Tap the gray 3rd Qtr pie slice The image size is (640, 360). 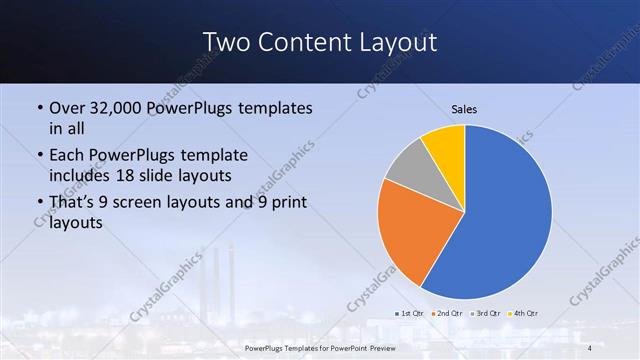(x=406, y=169)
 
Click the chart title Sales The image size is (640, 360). (x=464, y=108)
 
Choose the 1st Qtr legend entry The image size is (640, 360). (x=409, y=314)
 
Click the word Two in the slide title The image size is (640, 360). (x=225, y=42)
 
